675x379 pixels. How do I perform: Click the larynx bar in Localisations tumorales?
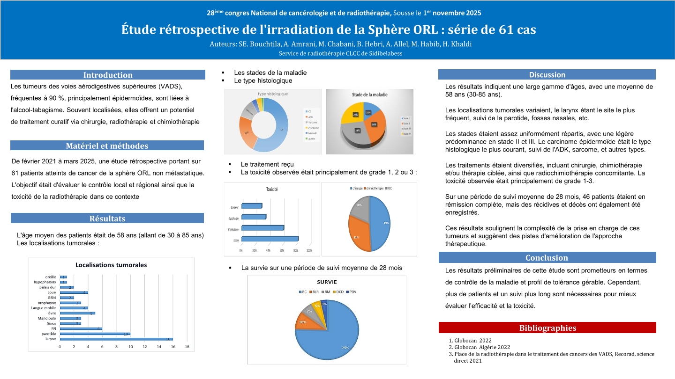(116, 339)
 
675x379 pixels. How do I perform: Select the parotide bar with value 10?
(95, 334)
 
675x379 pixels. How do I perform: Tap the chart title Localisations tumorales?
(111, 265)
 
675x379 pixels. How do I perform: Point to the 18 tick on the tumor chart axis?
(187, 347)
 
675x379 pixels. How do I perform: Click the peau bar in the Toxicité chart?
(270, 239)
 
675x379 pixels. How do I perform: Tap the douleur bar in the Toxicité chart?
(252, 206)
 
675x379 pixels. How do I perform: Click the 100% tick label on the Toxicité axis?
(309, 251)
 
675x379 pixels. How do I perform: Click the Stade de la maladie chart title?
(369, 95)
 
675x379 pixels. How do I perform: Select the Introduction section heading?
(108, 75)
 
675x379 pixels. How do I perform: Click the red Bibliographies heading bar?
(547, 328)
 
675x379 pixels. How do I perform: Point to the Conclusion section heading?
(547, 258)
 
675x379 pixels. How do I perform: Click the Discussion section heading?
(547, 74)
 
